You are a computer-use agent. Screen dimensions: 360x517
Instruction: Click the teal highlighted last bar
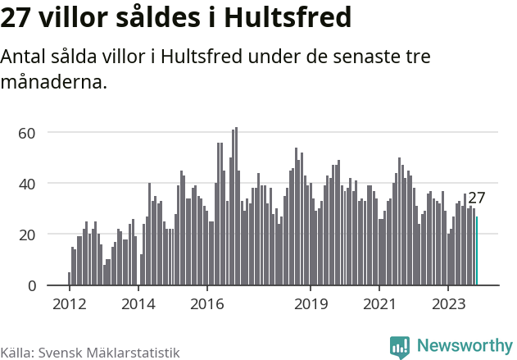click(x=477, y=251)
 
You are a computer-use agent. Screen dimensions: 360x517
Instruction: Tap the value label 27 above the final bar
click(x=477, y=198)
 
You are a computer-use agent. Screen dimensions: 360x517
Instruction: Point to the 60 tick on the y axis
click(x=29, y=133)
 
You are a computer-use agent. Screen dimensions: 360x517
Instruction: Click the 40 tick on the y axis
click(x=29, y=184)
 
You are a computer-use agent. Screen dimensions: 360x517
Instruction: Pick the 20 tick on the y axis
click(x=29, y=235)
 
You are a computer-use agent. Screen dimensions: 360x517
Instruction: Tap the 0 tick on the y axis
click(x=32, y=285)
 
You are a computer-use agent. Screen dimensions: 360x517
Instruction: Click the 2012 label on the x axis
click(x=69, y=304)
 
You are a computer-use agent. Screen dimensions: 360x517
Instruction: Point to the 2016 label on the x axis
click(x=207, y=304)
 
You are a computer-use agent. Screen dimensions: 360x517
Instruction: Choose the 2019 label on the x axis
click(x=311, y=304)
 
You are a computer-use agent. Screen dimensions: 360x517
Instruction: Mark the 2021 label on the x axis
click(x=379, y=304)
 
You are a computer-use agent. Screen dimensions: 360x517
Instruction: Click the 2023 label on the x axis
click(x=448, y=304)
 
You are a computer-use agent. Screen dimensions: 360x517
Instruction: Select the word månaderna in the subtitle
click(x=54, y=82)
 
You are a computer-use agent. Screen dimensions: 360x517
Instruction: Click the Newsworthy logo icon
click(x=400, y=347)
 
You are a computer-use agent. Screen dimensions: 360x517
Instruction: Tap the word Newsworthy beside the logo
click(x=465, y=346)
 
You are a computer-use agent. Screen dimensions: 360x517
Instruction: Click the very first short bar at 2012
click(x=69, y=279)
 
